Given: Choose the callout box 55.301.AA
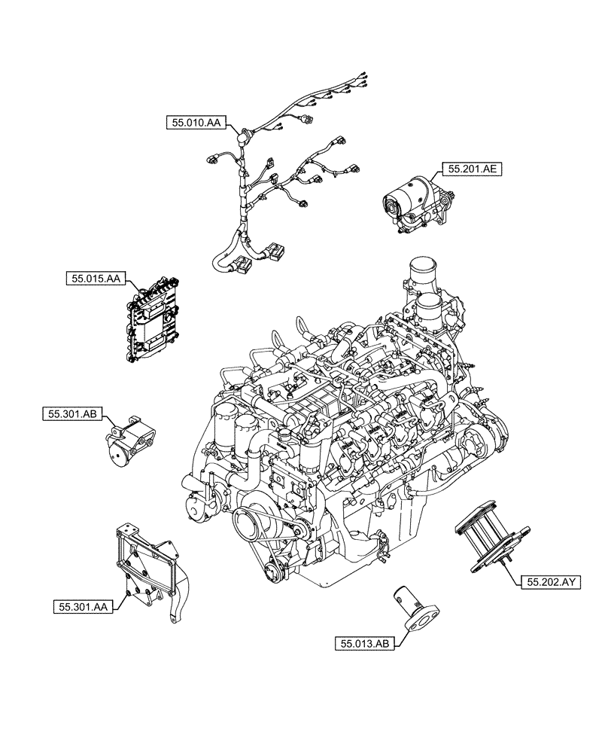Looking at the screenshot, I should point(83,605).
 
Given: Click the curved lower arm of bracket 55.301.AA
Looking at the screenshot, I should point(178,603).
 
